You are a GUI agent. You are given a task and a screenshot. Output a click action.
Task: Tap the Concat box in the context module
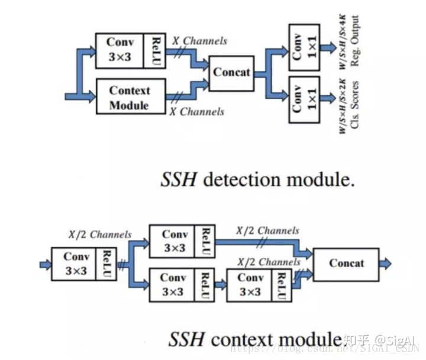pyautogui.click(x=347, y=263)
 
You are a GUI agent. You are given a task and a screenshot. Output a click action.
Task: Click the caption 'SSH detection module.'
pyautogui.click(x=257, y=179)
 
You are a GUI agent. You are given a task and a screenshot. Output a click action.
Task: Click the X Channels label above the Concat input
pyautogui.click(x=199, y=41)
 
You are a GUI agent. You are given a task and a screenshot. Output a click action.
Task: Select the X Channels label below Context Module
pyautogui.click(x=196, y=111)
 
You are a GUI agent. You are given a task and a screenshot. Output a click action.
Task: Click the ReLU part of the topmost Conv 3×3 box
pyautogui.click(x=156, y=51)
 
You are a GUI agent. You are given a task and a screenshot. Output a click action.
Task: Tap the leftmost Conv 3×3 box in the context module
pyautogui.click(x=76, y=264)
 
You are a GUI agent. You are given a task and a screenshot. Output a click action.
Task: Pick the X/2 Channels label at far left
pyautogui.click(x=100, y=234)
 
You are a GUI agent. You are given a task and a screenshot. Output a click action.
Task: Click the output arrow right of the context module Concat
pyautogui.click(x=385, y=263)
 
